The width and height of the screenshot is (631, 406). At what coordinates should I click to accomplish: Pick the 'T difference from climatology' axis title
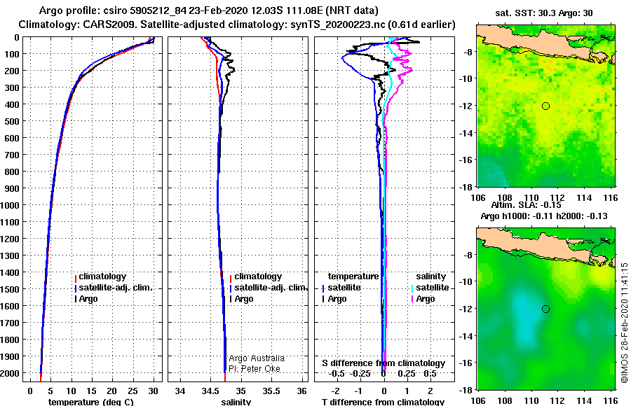[x=383, y=402]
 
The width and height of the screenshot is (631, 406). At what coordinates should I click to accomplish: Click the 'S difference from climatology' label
[x=383, y=363]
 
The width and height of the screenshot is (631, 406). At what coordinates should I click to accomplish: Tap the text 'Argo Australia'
[x=257, y=358]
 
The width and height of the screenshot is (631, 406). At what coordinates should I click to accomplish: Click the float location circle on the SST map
[x=545, y=106]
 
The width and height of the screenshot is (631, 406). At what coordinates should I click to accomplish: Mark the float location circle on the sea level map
[x=545, y=309]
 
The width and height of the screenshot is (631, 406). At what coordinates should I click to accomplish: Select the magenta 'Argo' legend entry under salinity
[x=425, y=299]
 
